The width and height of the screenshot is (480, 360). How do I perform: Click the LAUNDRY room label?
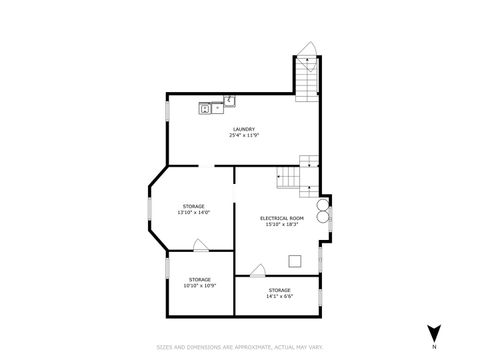[243, 128]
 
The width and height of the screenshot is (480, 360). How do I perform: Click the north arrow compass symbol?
[434, 333]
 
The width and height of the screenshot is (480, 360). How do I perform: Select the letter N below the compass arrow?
[434, 347]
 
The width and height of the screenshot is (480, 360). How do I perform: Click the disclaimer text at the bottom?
[240, 347]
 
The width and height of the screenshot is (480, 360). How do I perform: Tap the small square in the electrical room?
[294, 262]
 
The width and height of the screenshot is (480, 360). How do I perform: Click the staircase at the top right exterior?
[306, 80]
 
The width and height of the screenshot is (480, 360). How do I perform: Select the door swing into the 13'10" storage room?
[200, 245]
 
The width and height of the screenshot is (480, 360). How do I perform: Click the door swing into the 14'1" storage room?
[258, 269]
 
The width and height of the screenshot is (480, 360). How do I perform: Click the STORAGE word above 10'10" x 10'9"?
[199, 279]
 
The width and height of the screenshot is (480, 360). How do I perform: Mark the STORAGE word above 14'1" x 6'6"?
[279, 290]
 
